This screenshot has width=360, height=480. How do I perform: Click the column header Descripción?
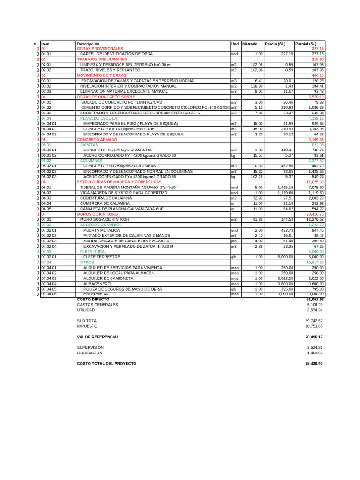tap(88, 44)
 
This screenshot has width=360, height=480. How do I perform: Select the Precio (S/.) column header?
tap(275, 44)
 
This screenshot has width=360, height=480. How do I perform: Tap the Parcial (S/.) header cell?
tap(306, 44)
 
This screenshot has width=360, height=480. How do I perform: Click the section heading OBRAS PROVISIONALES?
tap(100, 49)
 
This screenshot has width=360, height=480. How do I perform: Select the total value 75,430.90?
tap(314, 364)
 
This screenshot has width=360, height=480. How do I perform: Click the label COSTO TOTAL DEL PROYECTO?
tap(106, 364)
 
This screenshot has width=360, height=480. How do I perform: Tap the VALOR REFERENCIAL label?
tap(97, 337)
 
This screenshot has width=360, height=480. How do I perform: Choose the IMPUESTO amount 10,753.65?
tap(314, 326)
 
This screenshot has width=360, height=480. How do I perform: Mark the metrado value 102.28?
tap(256, 177)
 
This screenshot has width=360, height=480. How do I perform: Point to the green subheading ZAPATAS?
tap(89, 145)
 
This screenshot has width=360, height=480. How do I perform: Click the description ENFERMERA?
tap(96, 294)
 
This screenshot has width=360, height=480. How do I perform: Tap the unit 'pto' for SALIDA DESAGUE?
tap(233, 241)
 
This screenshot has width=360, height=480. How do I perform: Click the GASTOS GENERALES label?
tap(97, 305)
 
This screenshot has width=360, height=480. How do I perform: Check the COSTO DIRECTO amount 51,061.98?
tap(315, 299)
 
